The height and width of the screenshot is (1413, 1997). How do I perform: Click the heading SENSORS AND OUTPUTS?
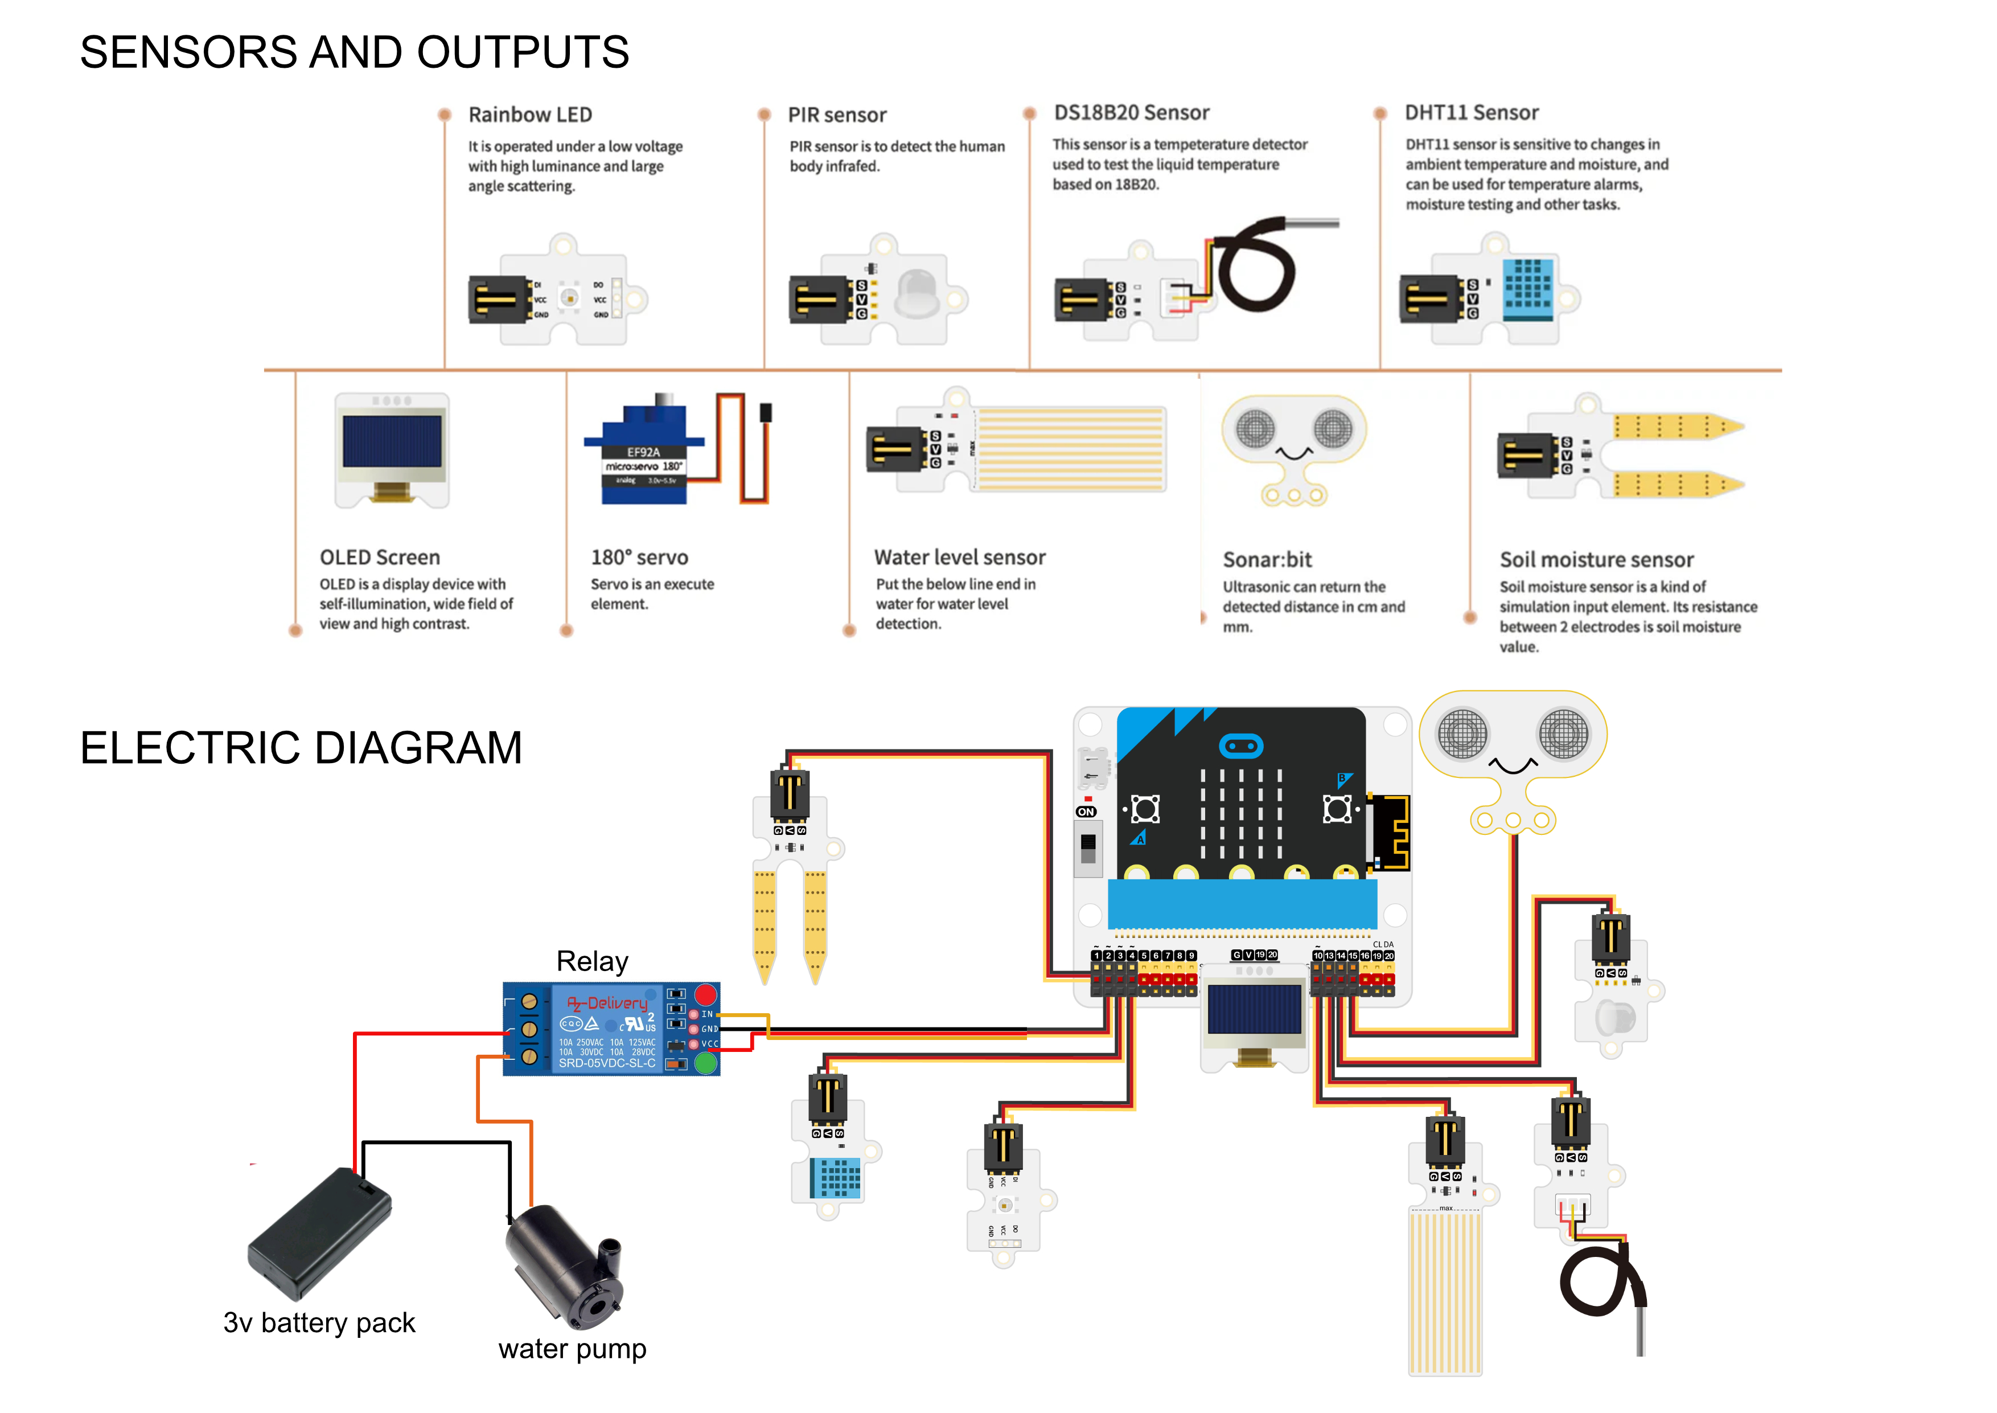[354, 52]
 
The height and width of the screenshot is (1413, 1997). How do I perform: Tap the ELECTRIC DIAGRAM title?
[301, 748]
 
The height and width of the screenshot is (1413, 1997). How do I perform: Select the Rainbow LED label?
[529, 115]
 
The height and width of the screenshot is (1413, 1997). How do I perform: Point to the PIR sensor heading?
[837, 115]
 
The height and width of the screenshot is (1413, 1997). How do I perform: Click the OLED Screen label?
[379, 558]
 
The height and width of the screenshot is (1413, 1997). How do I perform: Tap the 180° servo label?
[639, 558]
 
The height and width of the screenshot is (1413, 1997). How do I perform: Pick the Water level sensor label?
[959, 558]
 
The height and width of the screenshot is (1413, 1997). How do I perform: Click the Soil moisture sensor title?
[1596, 560]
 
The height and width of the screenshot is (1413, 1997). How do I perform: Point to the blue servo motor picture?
[648, 452]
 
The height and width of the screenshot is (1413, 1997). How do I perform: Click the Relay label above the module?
[591, 961]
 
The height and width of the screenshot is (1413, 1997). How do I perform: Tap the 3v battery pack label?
[319, 1322]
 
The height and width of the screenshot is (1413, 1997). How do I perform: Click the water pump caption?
[572, 1349]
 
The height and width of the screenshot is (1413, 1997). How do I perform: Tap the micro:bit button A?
[1145, 809]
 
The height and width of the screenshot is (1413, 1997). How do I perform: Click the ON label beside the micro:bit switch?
[1086, 812]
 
